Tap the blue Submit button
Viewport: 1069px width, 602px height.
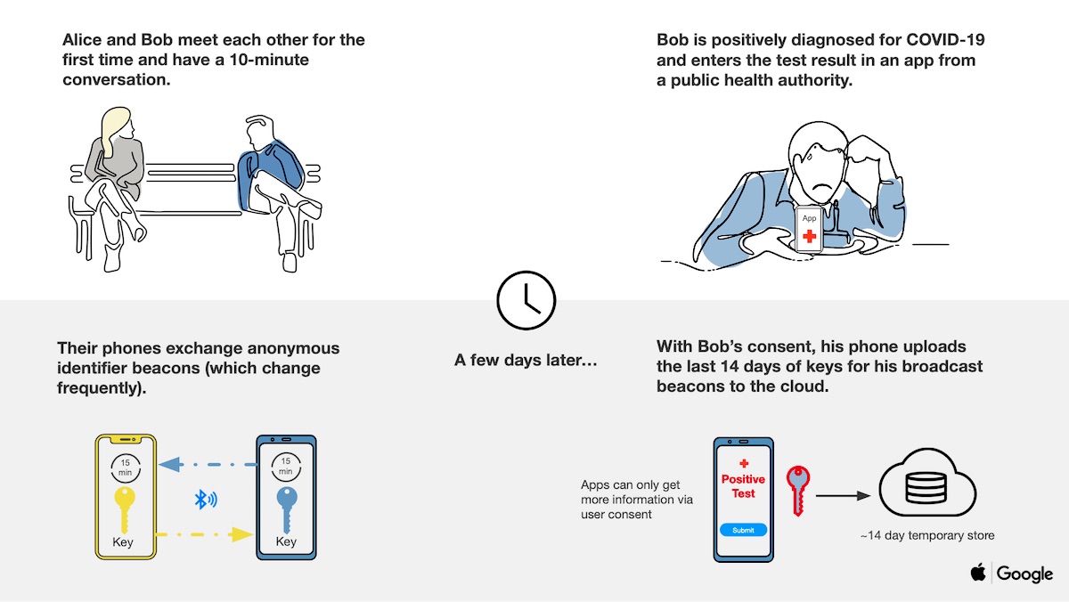pyautogui.click(x=743, y=530)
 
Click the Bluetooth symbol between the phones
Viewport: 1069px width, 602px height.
pyautogui.click(x=206, y=500)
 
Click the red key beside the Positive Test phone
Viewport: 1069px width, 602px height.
pyautogui.click(x=798, y=491)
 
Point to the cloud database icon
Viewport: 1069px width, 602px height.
pyautogui.click(x=927, y=483)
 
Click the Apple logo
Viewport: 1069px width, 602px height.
pyautogui.click(x=978, y=572)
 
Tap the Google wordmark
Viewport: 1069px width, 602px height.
pyautogui.click(x=1024, y=574)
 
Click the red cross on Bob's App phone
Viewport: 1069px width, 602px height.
pyautogui.click(x=809, y=236)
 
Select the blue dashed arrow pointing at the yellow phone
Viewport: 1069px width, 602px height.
pyautogui.click(x=208, y=464)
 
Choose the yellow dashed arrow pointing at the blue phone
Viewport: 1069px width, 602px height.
pyautogui.click(x=204, y=534)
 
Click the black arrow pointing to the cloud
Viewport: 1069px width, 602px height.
pyautogui.click(x=844, y=496)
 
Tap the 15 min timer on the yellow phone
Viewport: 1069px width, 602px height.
pyautogui.click(x=125, y=468)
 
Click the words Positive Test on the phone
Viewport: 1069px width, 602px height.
pyautogui.click(x=743, y=486)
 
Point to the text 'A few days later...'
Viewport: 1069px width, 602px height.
pyautogui.click(x=526, y=360)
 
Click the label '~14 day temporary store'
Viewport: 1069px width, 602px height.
pyautogui.click(x=927, y=536)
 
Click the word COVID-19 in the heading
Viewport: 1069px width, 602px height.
pyautogui.click(x=945, y=39)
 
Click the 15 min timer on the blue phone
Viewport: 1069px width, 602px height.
pyautogui.click(x=286, y=467)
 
